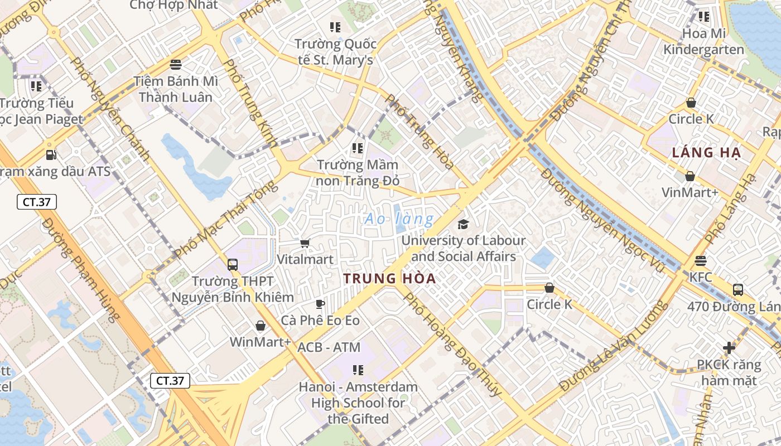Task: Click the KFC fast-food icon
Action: [701, 261]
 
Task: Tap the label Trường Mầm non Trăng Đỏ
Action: [358, 173]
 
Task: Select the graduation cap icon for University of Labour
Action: [463, 224]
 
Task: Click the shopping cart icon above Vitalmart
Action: [305, 243]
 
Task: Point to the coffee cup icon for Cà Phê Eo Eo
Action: [320, 304]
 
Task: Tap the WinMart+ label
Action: [260, 342]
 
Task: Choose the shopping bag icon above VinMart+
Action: [690, 176]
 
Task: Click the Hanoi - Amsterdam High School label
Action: [358, 403]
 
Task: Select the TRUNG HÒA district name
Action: [389, 279]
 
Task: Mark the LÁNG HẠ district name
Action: [706, 153]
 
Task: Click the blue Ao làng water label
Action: [399, 219]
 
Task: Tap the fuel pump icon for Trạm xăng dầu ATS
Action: [51, 154]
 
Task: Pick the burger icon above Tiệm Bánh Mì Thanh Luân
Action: [176, 65]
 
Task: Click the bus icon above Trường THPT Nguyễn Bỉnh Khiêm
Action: [233, 265]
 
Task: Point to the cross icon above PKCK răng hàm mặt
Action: [729, 348]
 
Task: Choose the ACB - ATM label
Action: [329, 347]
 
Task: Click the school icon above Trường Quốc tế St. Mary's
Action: [335, 27]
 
